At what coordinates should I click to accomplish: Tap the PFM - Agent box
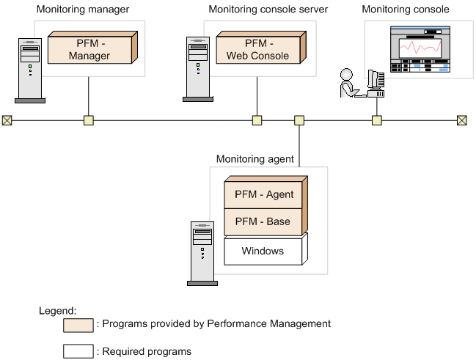click(263, 195)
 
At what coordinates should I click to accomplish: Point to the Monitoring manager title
click(82, 10)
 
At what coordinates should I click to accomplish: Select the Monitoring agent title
click(255, 158)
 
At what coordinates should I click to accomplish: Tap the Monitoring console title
click(406, 10)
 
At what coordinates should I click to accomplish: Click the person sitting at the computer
click(347, 84)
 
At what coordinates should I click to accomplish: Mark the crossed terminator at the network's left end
click(7, 120)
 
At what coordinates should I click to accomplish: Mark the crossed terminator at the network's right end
click(461, 120)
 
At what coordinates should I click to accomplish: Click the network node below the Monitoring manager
click(89, 120)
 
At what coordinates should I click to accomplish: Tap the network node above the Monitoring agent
click(299, 120)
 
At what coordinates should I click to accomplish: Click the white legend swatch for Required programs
click(78, 350)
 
